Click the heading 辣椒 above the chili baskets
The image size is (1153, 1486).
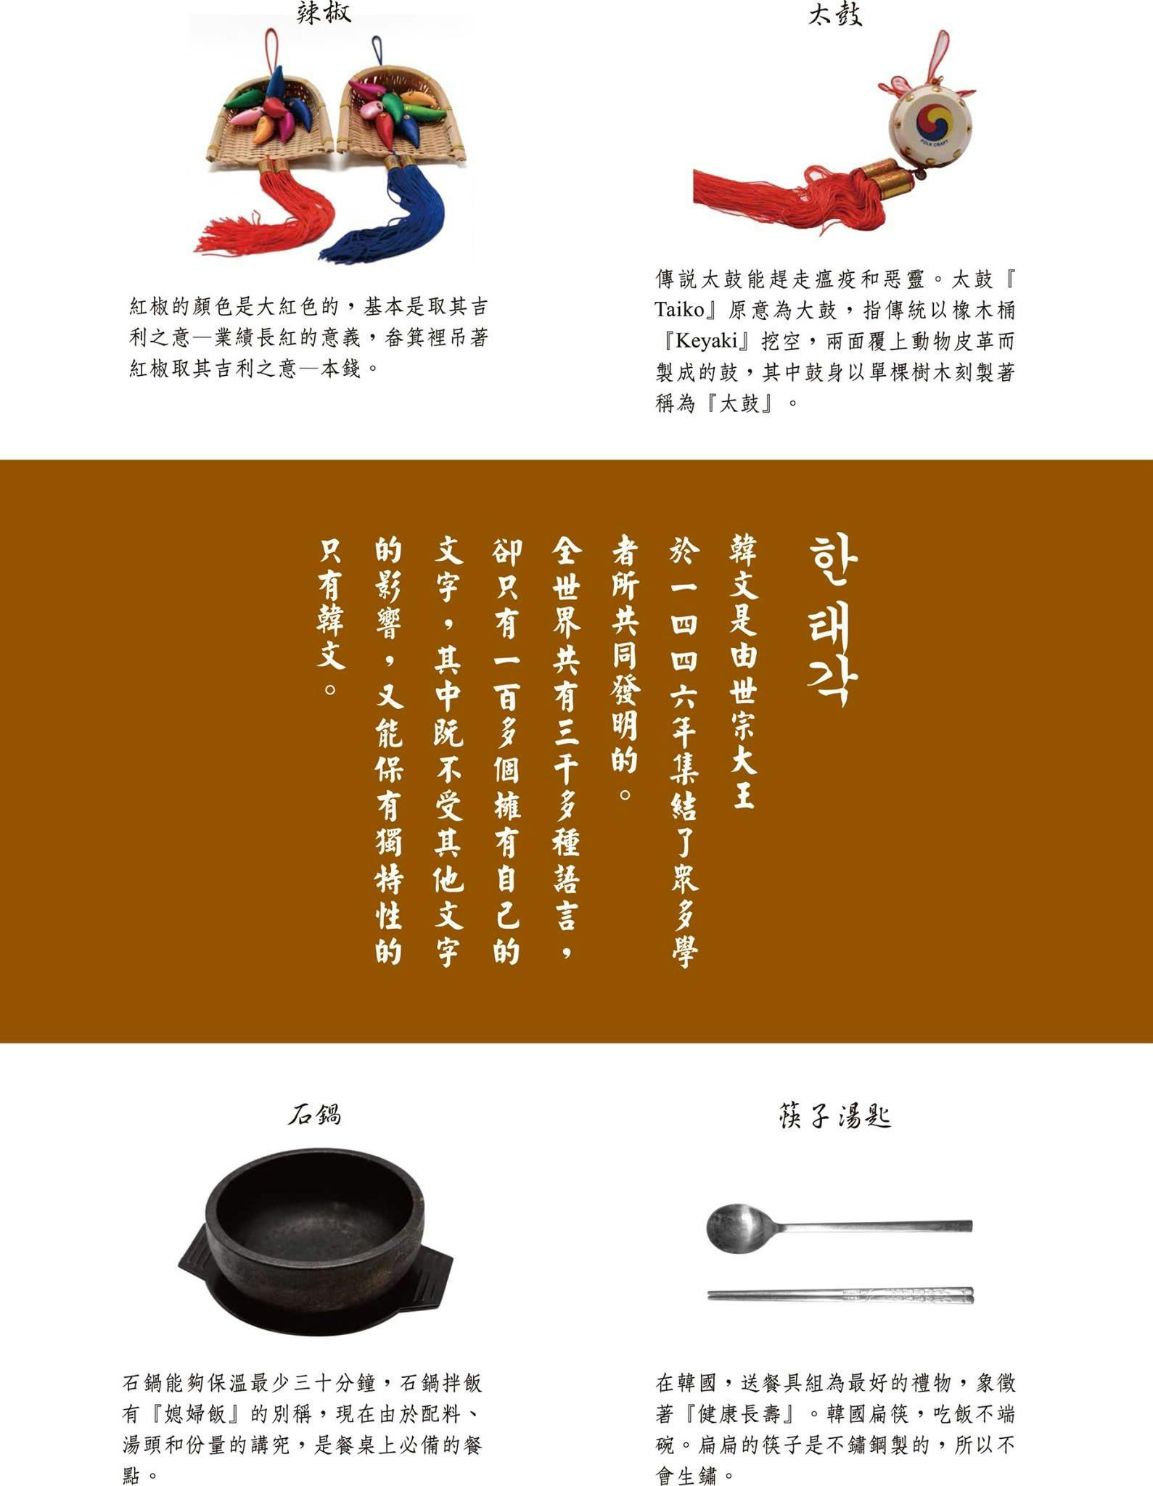coord(324,12)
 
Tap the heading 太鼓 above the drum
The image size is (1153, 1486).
coord(835,15)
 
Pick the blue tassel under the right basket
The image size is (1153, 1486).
coord(384,214)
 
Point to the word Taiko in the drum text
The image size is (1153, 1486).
coord(679,310)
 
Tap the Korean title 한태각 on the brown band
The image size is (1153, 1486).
coord(832,621)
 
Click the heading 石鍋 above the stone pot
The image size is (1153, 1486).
coord(314,1114)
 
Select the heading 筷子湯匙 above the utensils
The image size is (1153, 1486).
coord(835,1116)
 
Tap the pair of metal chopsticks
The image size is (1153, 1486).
coord(840,1294)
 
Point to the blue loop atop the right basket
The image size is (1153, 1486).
coord(377,51)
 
